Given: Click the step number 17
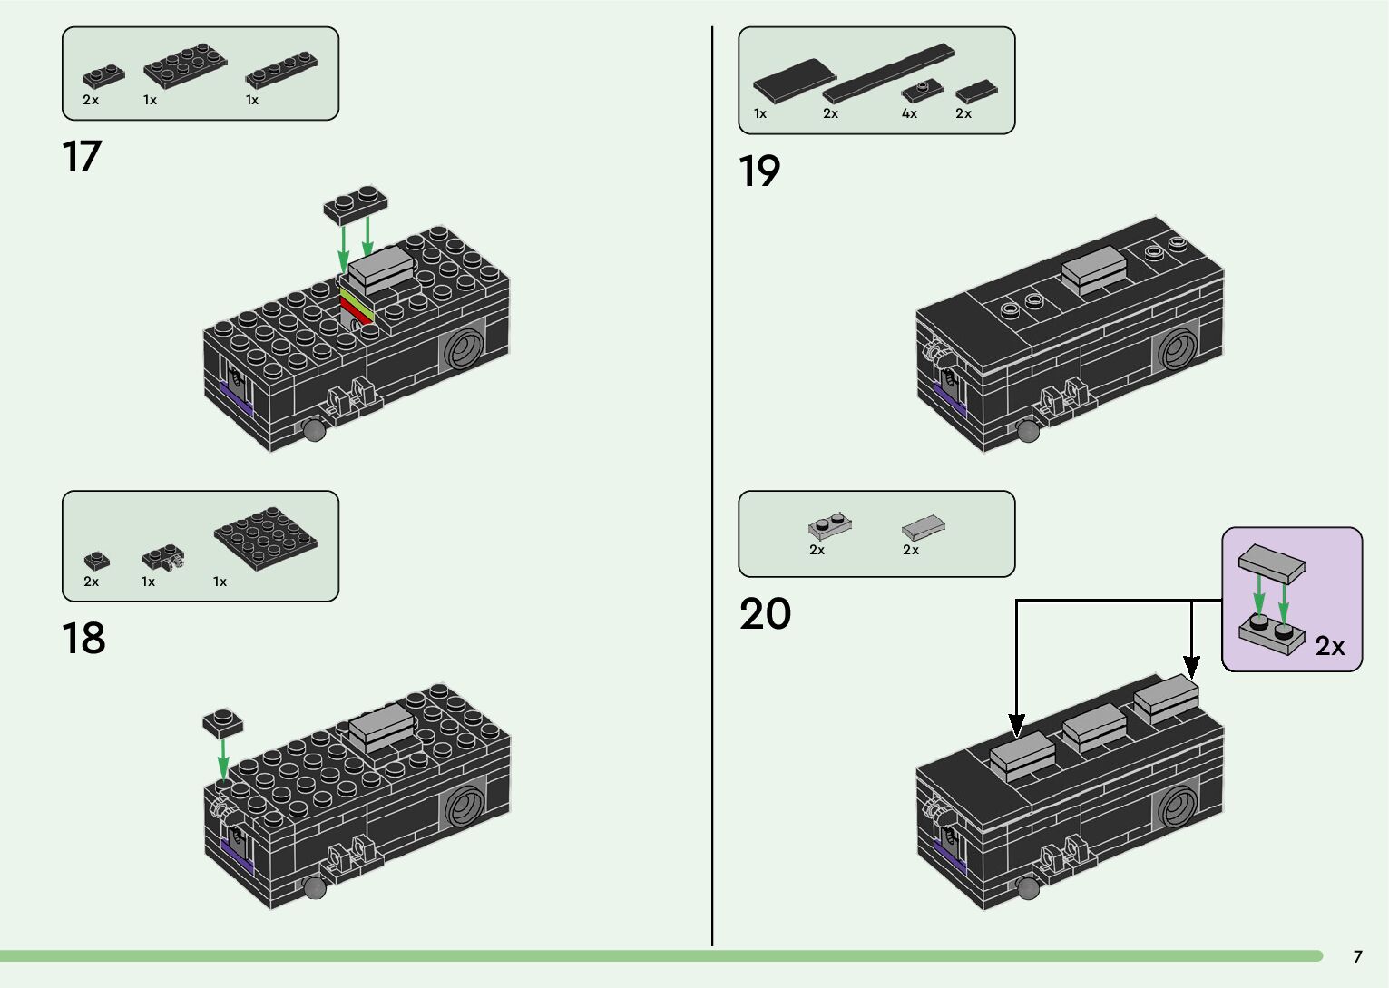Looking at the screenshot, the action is click(x=82, y=156).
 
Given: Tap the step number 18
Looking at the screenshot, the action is click(x=83, y=638).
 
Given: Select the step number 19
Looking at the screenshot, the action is click(x=759, y=171).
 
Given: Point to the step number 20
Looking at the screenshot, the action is click(x=765, y=613).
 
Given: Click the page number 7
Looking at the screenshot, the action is click(x=1358, y=956).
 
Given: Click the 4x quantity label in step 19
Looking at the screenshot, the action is click(x=909, y=113).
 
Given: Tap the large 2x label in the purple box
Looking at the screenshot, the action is click(x=1329, y=646).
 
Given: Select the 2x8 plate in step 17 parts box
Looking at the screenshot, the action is click(x=185, y=65).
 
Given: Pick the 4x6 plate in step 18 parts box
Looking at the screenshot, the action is click(x=266, y=538).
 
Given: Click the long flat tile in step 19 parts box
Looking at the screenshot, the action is click(x=888, y=73).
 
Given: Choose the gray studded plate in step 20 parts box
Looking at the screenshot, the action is click(x=829, y=526).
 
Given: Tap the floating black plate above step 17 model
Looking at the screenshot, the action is click(x=356, y=205).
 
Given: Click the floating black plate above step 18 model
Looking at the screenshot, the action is click(x=222, y=723).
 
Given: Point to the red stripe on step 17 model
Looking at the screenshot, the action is click(x=356, y=310).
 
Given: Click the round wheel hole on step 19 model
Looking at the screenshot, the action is click(x=1177, y=348).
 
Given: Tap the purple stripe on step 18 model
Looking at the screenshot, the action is click(x=237, y=854).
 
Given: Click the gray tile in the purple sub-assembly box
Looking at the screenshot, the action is click(x=1272, y=563).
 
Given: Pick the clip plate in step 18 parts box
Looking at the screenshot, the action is click(x=162, y=557).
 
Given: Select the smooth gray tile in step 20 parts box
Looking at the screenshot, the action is click(x=924, y=527).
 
